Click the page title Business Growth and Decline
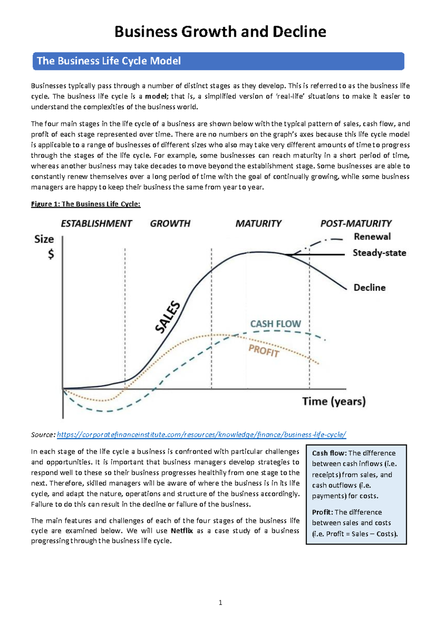point(220,32)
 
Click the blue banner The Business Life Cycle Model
point(109,61)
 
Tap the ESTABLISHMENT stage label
point(96,223)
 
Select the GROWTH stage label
point(170,223)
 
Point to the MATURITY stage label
point(258,223)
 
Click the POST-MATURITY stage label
point(356,223)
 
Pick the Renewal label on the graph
point(372,236)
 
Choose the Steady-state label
point(379,253)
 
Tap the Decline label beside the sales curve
point(370,287)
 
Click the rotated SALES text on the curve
point(168,317)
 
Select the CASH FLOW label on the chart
point(275,324)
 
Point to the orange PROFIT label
point(264,351)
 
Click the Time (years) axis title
point(334,401)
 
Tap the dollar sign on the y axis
point(51,254)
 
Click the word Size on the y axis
point(44,239)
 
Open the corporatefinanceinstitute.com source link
point(202,435)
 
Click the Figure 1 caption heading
point(86,204)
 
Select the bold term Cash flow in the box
point(329,453)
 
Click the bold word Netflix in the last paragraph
point(182,531)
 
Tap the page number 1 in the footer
point(220,603)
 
